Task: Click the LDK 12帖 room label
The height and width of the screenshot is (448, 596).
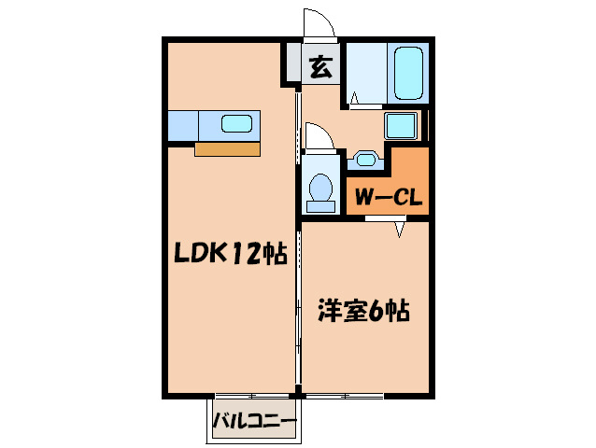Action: coord(227,253)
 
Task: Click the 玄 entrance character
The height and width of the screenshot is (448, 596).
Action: coord(320,67)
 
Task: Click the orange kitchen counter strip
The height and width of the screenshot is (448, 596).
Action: coord(227,147)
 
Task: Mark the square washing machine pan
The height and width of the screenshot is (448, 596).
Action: coord(403,125)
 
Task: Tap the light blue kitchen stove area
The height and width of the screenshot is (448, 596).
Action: coord(184,123)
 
